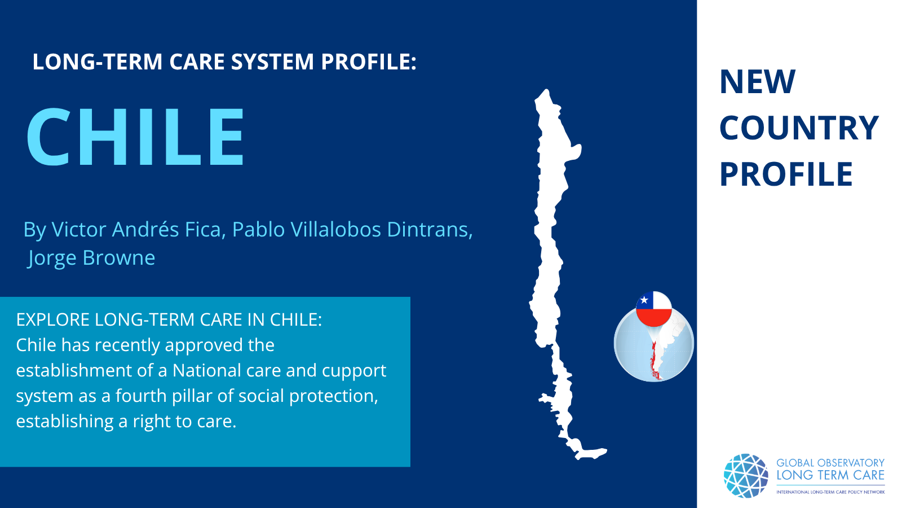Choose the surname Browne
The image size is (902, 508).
coord(119,257)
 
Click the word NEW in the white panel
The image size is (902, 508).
coord(758,81)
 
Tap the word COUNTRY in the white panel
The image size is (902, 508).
coord(799,128)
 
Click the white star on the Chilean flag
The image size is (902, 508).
coord(644,300)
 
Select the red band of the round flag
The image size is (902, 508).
coord(654,317)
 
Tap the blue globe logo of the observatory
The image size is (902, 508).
coord(746,476)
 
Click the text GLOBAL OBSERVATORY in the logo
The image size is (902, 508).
coord(830,463)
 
